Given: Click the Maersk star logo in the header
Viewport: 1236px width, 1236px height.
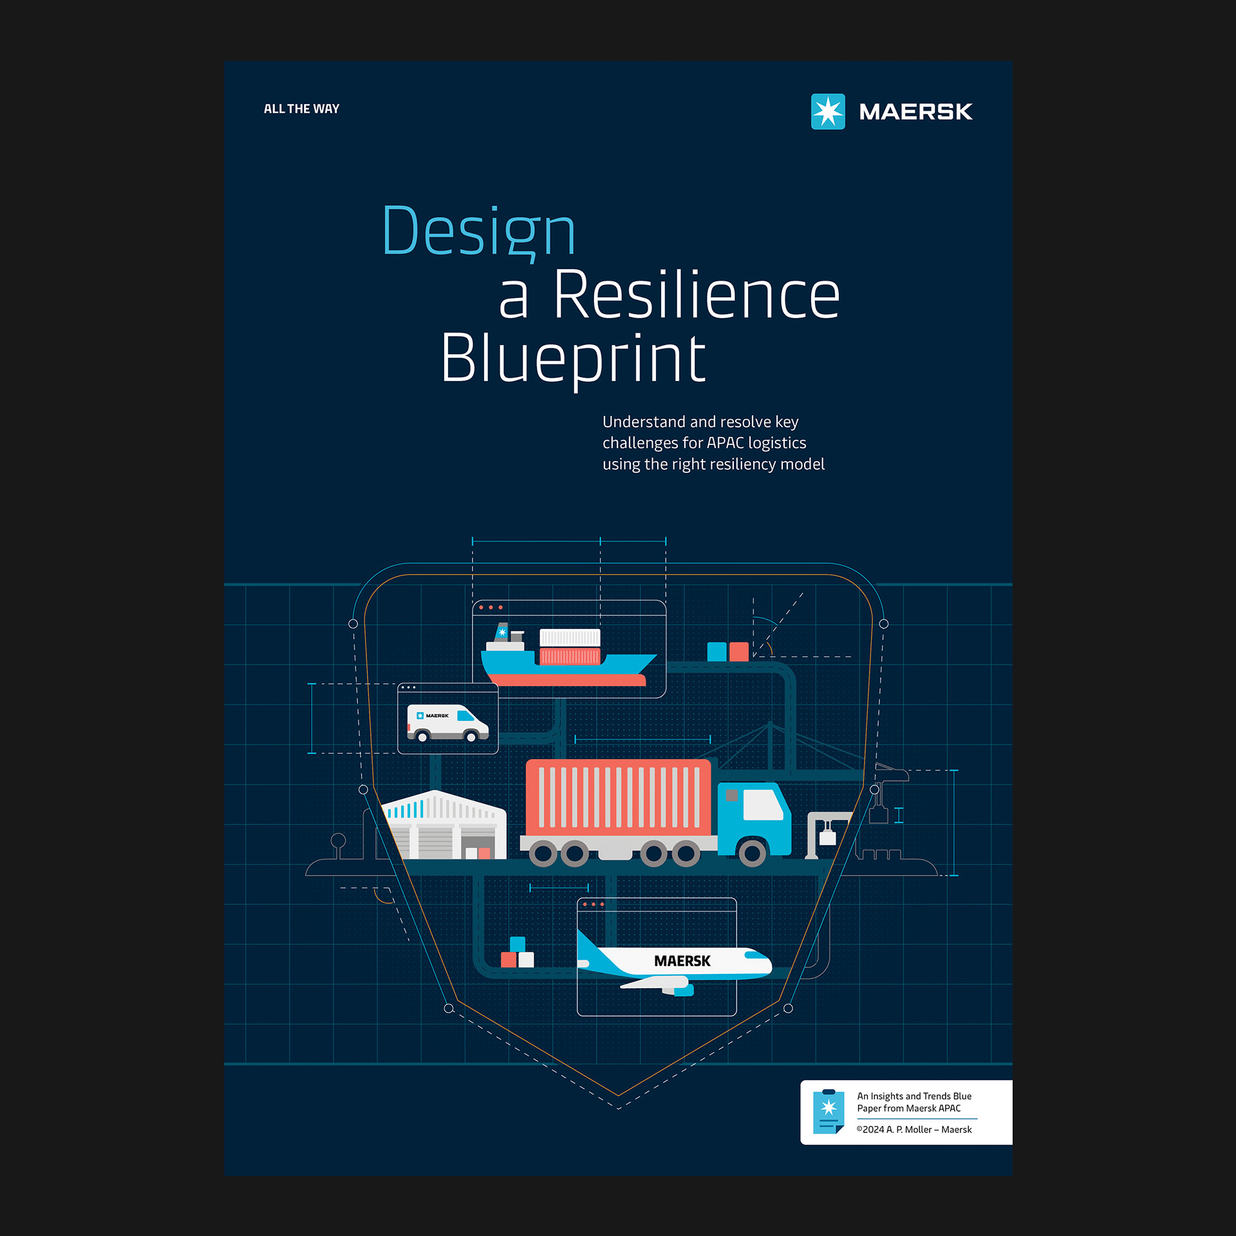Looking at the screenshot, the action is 827,111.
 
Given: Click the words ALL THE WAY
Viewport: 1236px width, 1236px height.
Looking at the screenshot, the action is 301,109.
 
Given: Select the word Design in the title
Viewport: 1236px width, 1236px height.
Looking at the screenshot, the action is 478,232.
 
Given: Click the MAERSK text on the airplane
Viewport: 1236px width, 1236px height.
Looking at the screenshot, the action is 682,961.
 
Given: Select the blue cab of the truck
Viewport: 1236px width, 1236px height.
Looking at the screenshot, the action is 753,818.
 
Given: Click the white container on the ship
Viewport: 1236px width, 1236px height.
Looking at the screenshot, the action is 570,638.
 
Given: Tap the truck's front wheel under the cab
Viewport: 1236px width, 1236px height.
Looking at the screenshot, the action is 752,854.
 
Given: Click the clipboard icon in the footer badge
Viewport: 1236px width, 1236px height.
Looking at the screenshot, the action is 829,1111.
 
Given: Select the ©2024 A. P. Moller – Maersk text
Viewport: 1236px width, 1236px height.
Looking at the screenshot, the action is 914,1130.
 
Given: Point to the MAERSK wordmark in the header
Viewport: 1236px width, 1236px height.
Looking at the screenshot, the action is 915,112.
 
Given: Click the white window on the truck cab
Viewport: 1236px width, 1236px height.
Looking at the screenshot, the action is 763,804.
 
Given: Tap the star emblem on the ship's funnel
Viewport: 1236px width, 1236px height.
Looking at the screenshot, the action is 502,632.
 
